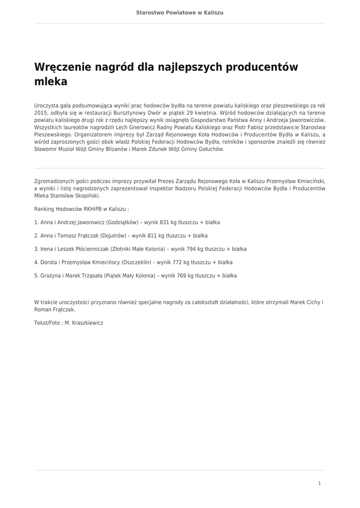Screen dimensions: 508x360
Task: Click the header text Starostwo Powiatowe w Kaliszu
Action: (180, 12)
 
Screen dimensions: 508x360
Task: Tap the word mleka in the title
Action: (51, 82)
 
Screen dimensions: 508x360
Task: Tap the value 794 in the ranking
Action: (191, 249)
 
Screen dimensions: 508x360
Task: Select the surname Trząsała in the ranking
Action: (91, 276)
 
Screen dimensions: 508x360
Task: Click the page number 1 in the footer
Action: (319, 483)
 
